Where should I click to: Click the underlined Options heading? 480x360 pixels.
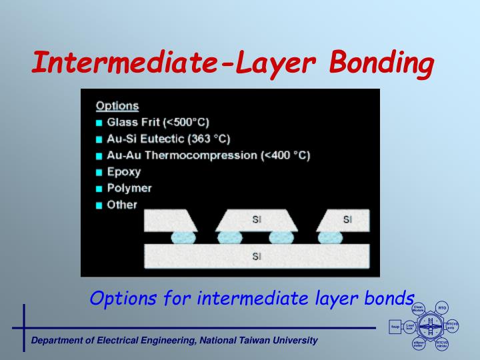[117, 105]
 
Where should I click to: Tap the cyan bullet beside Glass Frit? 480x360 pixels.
[99, 123]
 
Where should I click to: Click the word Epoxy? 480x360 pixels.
[124, 172]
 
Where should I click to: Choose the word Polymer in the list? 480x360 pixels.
[129, 188]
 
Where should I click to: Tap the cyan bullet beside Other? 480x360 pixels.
[99, 205]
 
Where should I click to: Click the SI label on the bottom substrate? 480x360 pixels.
[257, 257]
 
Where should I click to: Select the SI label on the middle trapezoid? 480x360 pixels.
[257, 219]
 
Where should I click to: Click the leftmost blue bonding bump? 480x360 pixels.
[183, 237]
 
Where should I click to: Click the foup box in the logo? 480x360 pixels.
[395, 327]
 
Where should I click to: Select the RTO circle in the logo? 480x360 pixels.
[442, 308]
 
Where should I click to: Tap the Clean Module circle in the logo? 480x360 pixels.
[419, 309]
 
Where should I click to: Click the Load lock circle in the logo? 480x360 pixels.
[409, 327]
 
